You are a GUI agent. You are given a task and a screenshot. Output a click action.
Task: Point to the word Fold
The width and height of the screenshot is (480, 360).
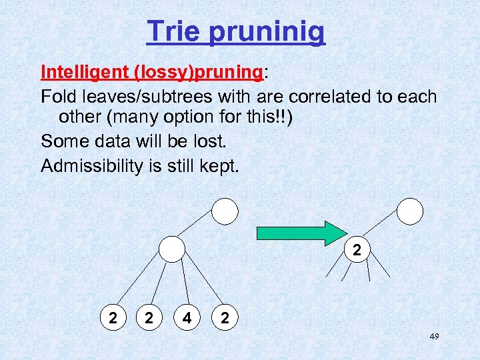pyautogui.click(x=57, y=97)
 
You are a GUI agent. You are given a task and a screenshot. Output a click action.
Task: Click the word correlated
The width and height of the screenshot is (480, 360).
pyautogui.click(x=327, y=97)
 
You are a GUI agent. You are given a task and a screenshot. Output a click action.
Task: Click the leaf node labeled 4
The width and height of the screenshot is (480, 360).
pyautogui.click(x=188, y=319)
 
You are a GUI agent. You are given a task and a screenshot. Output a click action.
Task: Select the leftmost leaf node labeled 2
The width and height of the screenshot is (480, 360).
pyautogui.click(x=114, y=319)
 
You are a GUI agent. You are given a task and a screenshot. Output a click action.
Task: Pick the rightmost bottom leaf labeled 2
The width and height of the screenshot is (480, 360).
pyautogui.click(x=225, y=319)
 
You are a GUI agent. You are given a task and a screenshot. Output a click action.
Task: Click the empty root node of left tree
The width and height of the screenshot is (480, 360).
pyautogui.click(x=225, y=212)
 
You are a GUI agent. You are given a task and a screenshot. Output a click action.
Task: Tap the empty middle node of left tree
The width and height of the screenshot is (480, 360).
pyautogui.click(x=173, y=249)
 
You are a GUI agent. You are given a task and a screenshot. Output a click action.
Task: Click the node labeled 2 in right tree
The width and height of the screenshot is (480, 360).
pyautogui.click(x=357, y=250)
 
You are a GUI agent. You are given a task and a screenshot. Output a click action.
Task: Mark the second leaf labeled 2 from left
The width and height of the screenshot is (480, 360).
pyautogui.click(x=150, y=319)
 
